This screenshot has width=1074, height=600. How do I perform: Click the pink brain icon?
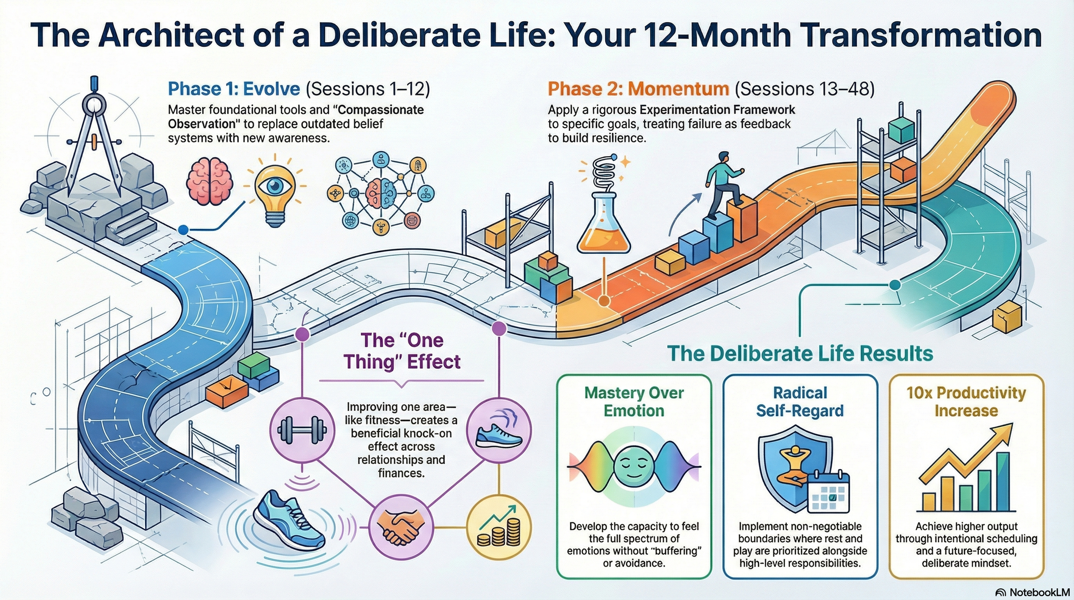tap(210, 181)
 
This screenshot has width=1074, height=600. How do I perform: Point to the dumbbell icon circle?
tap(302, 430)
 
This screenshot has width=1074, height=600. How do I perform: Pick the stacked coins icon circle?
tap(499, 527)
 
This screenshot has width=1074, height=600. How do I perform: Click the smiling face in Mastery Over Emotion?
tap(634, 466)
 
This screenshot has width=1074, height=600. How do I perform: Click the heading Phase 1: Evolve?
tap(234, 89)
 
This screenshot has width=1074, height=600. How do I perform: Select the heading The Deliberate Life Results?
tap(800, 354)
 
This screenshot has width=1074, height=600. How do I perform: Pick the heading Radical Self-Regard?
tap(800, 402)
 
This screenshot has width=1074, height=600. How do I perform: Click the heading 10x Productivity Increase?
tap(966, 402)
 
